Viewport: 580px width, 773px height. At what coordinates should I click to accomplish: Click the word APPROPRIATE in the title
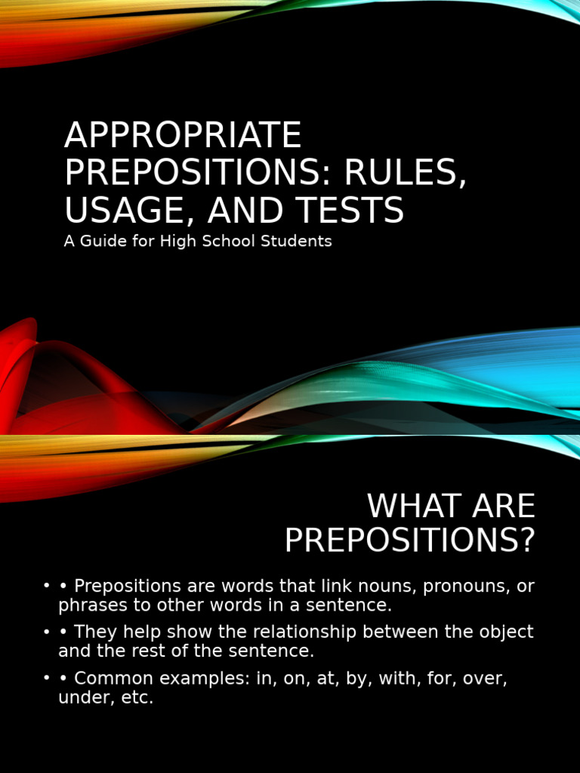click(183, 136)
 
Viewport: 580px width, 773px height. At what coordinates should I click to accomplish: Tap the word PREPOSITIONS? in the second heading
click(409, 540)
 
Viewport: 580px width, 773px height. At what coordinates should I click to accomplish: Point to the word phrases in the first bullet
click(88, 605)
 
